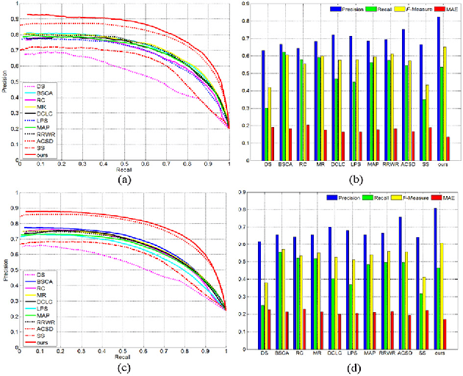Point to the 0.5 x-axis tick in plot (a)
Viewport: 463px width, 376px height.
(124, 163)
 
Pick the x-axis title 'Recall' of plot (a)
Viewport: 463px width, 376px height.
(125, 169)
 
